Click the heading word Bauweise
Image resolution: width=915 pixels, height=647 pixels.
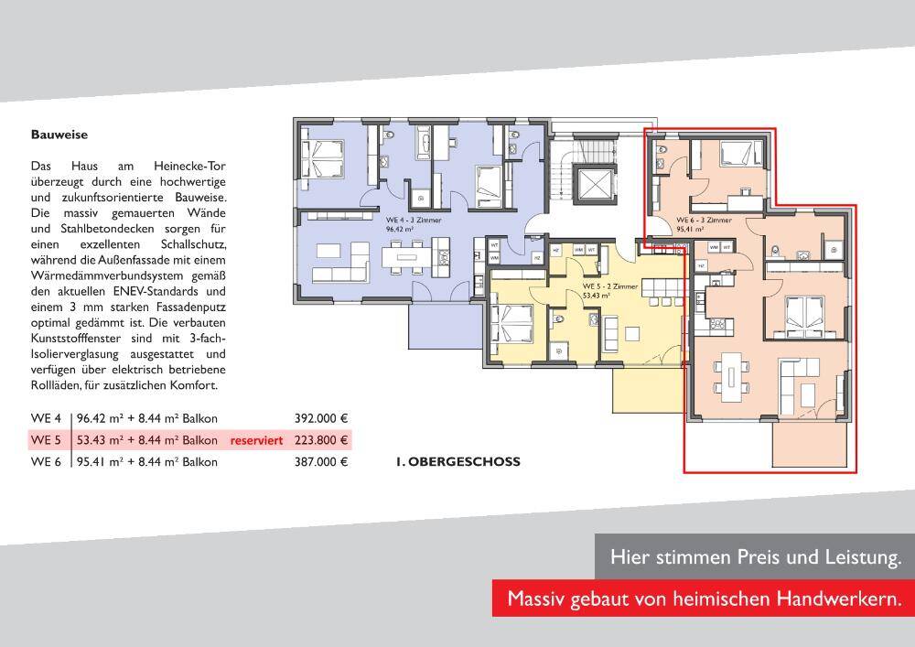59,135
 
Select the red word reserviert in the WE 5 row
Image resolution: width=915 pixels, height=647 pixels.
256,440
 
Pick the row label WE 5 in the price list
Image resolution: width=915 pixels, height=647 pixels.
46,440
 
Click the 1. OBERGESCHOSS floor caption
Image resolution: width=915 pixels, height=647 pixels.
457,462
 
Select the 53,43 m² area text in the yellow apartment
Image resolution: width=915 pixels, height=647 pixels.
597,297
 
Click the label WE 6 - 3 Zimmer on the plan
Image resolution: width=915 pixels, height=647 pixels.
704,221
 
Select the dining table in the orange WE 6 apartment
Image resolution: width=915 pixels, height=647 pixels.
732,374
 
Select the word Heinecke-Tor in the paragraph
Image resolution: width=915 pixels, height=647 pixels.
193,167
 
